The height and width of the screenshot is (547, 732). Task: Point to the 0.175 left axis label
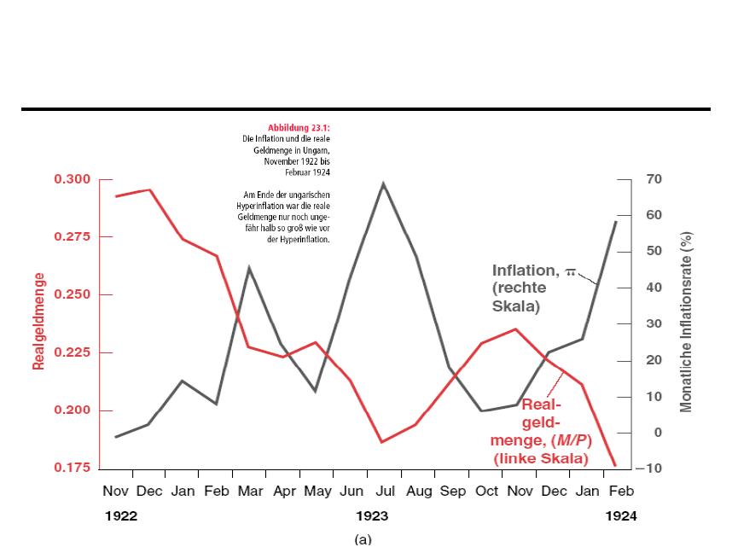pyautogui.click(x=72, y=468)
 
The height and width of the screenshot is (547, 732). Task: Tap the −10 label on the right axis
pyautogui.click(x=648, y=468)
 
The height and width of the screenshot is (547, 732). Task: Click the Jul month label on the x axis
pyautogui.click(x=384, y=492)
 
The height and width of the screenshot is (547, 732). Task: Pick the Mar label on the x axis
pyautogui.click(x=250, y=492)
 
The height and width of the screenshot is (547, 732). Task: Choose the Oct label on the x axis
pyautogui.click(x=486, y=492)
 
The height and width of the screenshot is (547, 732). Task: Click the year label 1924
pyautogui.click(x=620, y=516)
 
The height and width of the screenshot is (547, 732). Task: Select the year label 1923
pyautogui.click(x=372, y=516)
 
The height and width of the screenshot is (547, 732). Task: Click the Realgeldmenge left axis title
pyautogui.click(x=38, y=321)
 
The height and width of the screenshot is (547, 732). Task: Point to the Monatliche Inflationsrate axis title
pyautogui.click(x=687, y=322)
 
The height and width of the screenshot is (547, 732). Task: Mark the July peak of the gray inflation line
pyautogui.click(x=384, y=183)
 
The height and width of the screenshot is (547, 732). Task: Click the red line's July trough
pyautogui.click(x=382, y=442)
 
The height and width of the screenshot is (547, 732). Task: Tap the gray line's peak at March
pyautogui.click(x=249, y=268)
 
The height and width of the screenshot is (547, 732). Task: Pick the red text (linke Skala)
pyautogui.click(x=541, y=458)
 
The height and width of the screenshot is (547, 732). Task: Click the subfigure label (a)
pyautogui.click(x=363, y=539)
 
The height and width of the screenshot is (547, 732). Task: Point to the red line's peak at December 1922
pyautogui.click(x=150, y=190)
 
